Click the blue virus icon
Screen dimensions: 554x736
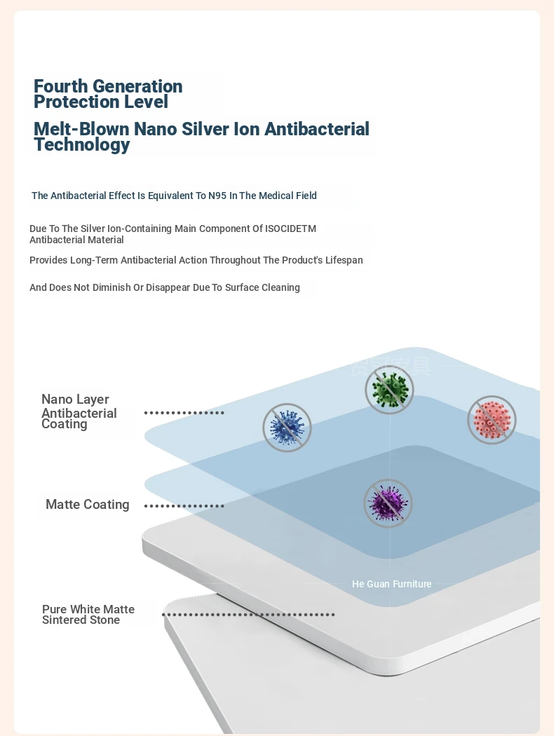point(287,428)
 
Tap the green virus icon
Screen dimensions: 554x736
point(389,390)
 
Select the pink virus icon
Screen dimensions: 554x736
point(492,420)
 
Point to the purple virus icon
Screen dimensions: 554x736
point(389,503)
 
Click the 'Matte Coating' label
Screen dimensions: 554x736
point(88,505)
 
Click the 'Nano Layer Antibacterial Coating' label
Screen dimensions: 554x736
point(79,411)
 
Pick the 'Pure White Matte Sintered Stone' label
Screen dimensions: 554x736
point(88,615)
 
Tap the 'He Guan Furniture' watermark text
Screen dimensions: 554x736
point(391,584)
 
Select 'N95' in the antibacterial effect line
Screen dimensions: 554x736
point(217,196)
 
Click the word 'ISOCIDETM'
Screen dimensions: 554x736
point(290,229)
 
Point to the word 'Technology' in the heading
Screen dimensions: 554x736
point(81,144)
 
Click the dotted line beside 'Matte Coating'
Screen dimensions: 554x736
point(184,506)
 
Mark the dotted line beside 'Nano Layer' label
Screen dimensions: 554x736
point(184,413)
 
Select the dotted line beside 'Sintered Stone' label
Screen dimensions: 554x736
point(248,615)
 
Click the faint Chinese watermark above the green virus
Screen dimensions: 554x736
point(391,366)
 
